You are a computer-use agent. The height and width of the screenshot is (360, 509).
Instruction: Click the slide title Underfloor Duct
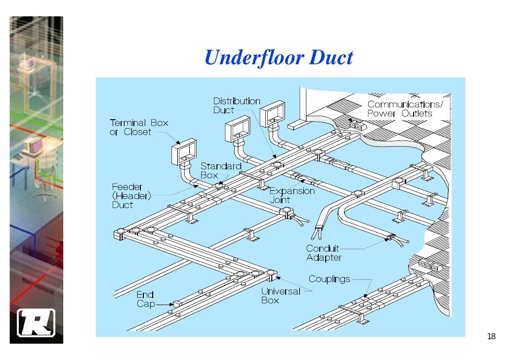pos(279,58)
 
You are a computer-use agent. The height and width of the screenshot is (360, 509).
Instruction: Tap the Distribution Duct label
pos(237,105)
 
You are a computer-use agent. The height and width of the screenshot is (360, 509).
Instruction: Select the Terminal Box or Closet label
pos(139,127)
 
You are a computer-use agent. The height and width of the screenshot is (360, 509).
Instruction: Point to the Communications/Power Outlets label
pos(405,109)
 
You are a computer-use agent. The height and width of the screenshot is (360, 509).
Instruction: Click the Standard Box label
pos(220,171)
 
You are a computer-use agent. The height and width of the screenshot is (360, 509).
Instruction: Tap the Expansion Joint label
pos(292,195)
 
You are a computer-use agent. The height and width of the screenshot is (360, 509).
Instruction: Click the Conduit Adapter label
pos(324,253)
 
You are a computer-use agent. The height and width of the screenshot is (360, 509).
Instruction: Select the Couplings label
pos(329,279)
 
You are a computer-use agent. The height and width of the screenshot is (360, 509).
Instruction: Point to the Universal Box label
pos(281,295)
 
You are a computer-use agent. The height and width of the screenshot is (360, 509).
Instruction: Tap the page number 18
pos(491,337)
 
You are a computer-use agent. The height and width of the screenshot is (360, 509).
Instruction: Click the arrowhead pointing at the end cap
pos(169,304)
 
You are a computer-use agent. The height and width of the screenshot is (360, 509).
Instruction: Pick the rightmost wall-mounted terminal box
pos(273,114)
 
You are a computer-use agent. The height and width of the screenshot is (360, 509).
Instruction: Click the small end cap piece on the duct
pos(177,303)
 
